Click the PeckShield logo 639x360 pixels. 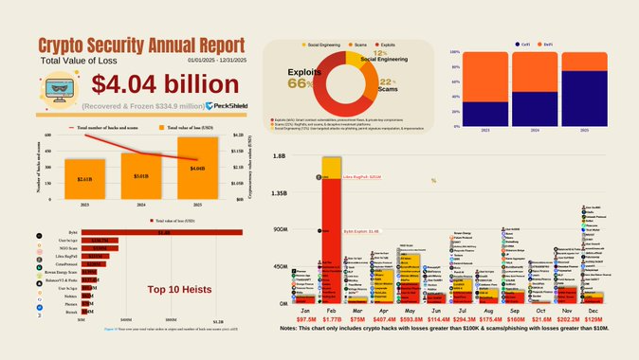coord(230,106)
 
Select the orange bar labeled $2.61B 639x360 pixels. coord(85,178)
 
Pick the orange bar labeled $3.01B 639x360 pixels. coord(139,174)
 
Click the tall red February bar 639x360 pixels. coord(331,237)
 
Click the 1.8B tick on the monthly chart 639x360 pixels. coord(279,156)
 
